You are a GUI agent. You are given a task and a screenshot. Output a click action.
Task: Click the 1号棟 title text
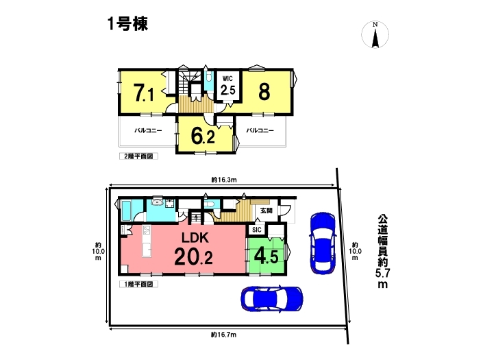point(127,24)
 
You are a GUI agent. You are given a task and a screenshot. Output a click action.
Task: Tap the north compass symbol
point(375,34)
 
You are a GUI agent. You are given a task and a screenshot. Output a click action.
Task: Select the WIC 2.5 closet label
point(227,86)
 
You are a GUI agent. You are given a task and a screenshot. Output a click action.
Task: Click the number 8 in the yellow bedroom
point(264,91)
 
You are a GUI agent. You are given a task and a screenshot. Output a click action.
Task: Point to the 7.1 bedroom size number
point(144,93)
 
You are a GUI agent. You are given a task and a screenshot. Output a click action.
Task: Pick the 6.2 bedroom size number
point(203,136)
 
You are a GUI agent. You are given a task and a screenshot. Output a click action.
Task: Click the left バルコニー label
point(148,130)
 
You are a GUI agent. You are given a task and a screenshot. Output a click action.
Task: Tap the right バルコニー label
point(260,130)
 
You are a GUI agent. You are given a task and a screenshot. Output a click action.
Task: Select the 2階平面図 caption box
point(138,156)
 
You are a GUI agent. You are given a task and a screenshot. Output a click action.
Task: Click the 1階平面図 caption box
point(138,284)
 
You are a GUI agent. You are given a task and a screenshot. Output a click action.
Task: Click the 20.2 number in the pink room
point(193,256)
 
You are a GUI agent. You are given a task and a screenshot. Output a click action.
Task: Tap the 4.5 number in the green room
point(266,256)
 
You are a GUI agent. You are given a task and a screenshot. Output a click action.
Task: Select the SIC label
point(257,230)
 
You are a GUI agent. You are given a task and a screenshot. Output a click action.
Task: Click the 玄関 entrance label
point(267,211)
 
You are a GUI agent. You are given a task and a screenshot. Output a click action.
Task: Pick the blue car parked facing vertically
point(323,243)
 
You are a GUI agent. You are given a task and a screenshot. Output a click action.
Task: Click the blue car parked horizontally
point(272,299)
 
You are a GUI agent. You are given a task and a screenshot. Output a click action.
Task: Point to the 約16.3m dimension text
point(224,180)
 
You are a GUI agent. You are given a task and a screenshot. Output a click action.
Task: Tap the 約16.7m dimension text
point(224,335)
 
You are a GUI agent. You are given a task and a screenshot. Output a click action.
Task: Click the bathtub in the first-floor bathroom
point(127,211)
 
